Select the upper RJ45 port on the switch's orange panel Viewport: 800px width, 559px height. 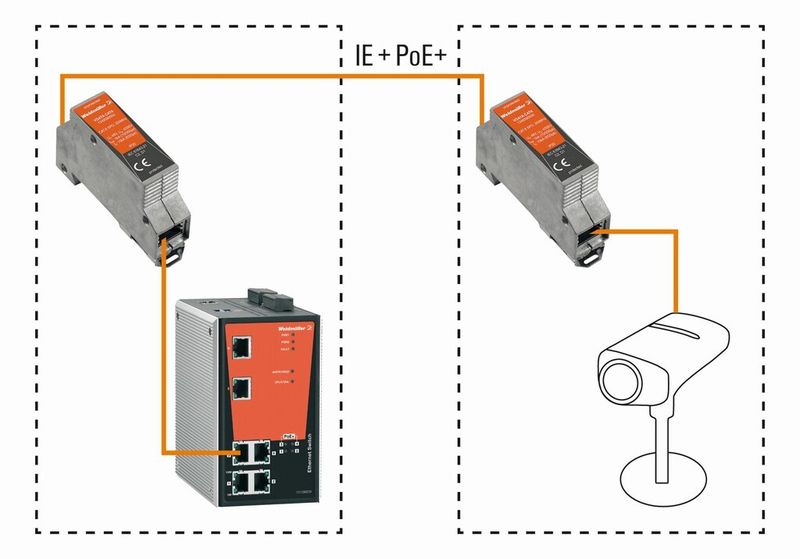click(x=242, y=347)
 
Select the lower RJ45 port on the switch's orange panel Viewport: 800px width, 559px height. click(x=242, y=389)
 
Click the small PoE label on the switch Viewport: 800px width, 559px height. click(x=289, y=436)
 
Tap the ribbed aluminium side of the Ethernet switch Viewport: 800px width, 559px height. click(x=195, y=400)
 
